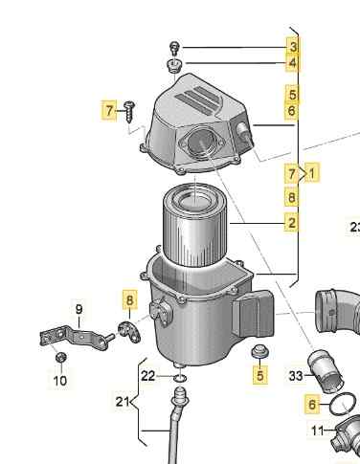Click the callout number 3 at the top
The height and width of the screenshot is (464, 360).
coord(293,47)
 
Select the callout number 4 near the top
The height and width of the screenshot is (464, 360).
coord(293,63)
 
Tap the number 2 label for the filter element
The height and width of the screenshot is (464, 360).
coord(292,223)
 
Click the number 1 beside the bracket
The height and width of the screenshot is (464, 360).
coord(312,173)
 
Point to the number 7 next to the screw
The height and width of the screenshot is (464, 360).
coord(109,110)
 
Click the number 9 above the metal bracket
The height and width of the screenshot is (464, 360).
coord(79,309)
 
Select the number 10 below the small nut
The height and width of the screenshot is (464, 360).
coord(60,381)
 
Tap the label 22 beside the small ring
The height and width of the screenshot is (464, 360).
coord(148,376)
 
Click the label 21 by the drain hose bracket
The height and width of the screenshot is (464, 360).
coord(123,402)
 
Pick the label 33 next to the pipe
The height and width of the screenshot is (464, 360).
coord(296,376)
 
